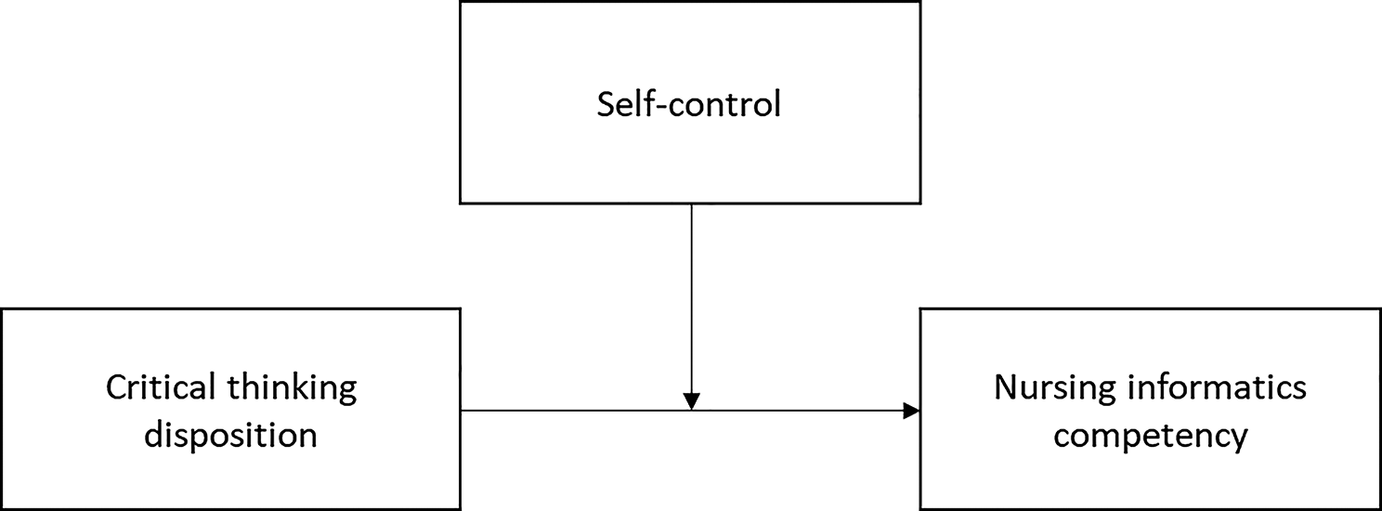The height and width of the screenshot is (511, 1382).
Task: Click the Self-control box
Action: pos(690,102)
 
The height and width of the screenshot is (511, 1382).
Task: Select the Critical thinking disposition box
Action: pos(230,409)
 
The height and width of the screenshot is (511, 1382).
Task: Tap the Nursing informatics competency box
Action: pos(1151,409)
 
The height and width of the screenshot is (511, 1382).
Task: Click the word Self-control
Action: pos(688,104)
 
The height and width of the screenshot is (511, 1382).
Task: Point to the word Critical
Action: pos(161,387)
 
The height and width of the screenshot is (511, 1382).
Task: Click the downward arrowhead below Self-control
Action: pos(692,401)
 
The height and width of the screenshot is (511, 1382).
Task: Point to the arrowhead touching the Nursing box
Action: pos(911,411)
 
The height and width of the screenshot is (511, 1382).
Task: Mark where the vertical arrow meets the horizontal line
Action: pos(692,411)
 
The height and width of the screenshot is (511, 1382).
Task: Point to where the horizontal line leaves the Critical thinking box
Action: pos(461,411)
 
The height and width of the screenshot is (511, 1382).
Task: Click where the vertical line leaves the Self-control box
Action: pos(692,203)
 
